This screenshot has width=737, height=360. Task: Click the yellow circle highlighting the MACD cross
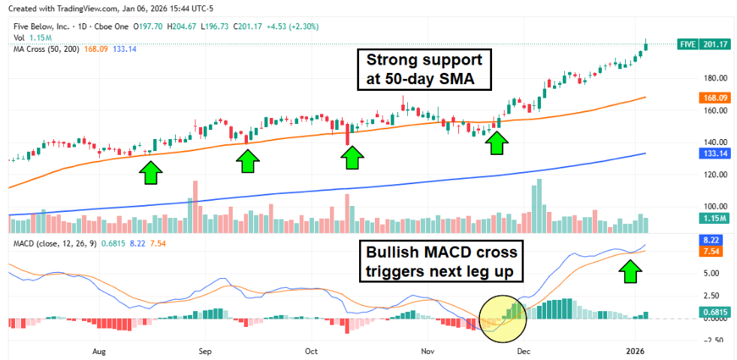(x=502, y=316)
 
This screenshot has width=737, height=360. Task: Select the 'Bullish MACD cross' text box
(x=442, y=262)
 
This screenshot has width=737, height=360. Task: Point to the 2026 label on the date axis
(x=636, y=350)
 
